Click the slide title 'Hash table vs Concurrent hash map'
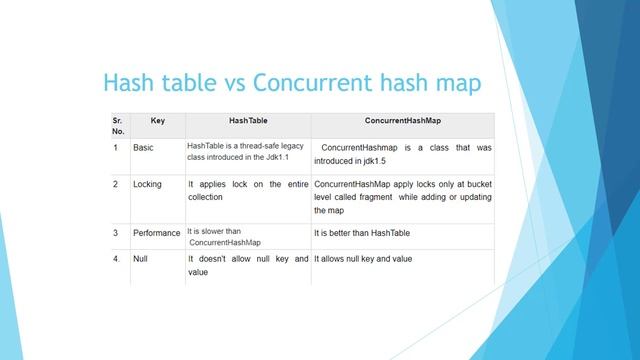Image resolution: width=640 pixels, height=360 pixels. pyautogui.click(x=293, y=81)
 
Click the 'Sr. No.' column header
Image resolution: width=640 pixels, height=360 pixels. pyautogui.click(x=119, y=124)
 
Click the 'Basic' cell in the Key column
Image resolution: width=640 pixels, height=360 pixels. pyautogui.click(x=144, y=148)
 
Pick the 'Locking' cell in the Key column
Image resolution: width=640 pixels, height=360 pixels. pyautogui.click(x=147, y=185)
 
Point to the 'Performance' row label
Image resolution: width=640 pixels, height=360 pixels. pyautogui.click(x=156, y=233)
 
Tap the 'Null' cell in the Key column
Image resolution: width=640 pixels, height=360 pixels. pyautogui.click(x=141, y=259)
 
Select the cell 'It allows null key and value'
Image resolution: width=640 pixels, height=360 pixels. pyautogui.click(x=363, y=259)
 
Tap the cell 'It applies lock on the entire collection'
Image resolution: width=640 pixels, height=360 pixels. pyautogui.click(x=247, y=191)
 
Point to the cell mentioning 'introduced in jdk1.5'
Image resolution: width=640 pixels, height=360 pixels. pyautogui.click(x=402, y=154)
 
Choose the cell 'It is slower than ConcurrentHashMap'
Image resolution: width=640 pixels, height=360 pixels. pyautogui.click(x=224, y=237)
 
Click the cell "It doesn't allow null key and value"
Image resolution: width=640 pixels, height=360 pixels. pyautogui.click(x=247, y=265)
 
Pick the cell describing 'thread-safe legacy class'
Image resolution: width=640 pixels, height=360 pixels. pyautogui.click(x=246, y=153)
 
